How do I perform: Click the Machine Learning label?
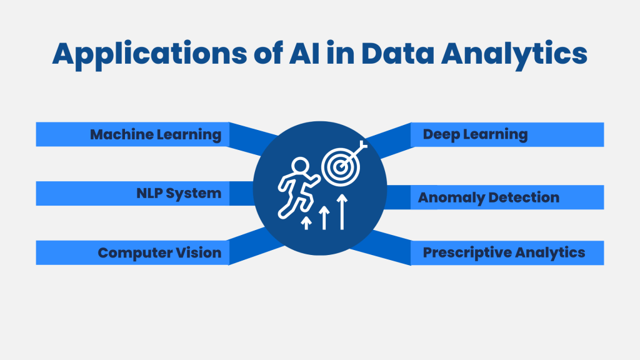[x=156, y=134]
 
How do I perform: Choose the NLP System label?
[x=179, y=193]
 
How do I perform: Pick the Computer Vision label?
[x=159, y=252]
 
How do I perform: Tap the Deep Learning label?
[x=475, y=134]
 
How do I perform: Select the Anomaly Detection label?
[x=489, y=197]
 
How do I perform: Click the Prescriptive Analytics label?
[x=504, y=252]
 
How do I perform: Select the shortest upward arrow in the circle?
[x=306, y=222]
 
